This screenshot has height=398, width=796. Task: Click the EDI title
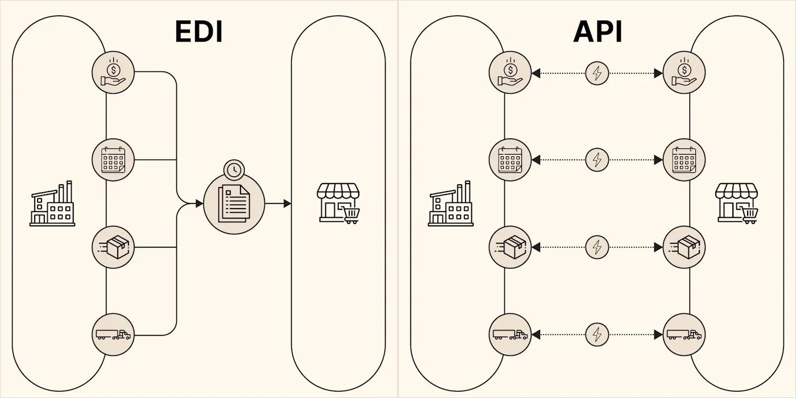[198, 32]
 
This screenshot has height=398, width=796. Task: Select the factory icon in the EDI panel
[52, 204]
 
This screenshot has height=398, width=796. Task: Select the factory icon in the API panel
[450, 204]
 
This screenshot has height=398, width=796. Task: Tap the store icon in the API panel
[737, 203]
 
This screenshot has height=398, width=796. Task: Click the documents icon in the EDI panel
[234, 204]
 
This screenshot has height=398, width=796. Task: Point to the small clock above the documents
[233, 169]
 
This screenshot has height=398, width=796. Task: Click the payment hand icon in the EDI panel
[113, 72]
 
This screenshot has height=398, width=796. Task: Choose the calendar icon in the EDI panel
[113, 160]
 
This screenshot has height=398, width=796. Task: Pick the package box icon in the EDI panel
[113, 247]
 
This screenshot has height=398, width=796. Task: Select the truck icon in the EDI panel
[113, 335]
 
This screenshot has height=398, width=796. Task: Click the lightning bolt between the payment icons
[597, 73]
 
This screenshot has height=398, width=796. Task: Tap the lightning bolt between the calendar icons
[597, 160]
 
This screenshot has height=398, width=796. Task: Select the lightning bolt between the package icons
[597, 247]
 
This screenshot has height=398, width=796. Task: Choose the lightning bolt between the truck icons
[597, 335]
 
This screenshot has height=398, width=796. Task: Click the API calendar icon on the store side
[684, 160]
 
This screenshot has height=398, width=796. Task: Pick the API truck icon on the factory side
[510, 335]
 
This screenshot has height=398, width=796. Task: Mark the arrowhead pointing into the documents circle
[199, 204]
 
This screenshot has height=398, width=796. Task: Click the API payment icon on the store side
[684, 73]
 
